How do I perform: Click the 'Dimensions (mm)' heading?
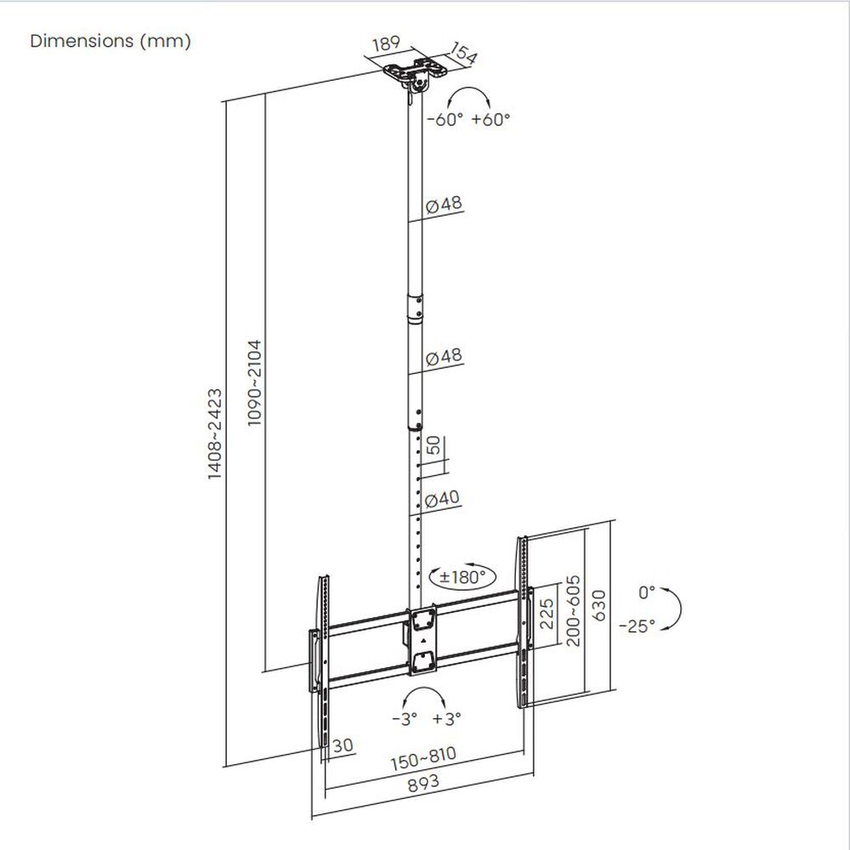point(110,42)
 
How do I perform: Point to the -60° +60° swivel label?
point(468,120)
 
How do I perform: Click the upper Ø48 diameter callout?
point(443,205)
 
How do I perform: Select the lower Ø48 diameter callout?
point(443,357)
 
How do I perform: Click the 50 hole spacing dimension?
point(433,446)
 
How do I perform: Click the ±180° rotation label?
point(463,577)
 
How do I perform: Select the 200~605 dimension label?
point(574,609)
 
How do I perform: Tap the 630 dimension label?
point(600,604)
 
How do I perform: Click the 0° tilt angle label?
point(647,590)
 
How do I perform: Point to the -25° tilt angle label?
point(637,626)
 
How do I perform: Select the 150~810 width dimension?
point(423,755)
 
